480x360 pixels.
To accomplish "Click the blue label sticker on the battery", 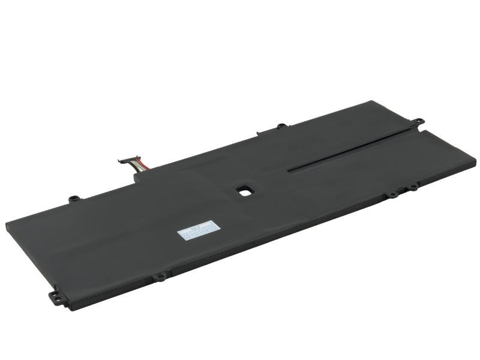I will coord(197,230).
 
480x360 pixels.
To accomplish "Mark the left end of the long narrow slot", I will coord(290,170).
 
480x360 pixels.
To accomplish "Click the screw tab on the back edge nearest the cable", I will coord(74,198).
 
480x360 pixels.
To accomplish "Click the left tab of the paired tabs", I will coord(392,194).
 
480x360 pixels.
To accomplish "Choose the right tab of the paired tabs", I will coord(413,188).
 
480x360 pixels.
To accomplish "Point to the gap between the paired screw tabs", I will coord(403,191).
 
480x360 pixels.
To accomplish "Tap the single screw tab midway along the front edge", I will coord(160,277).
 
